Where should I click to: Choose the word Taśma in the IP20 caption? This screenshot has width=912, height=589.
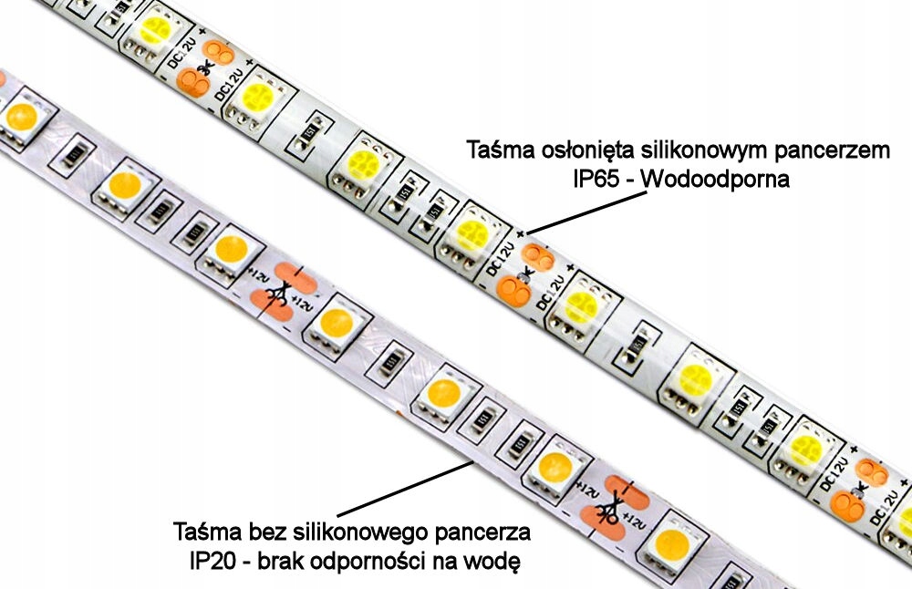click(x=203, y=530)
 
